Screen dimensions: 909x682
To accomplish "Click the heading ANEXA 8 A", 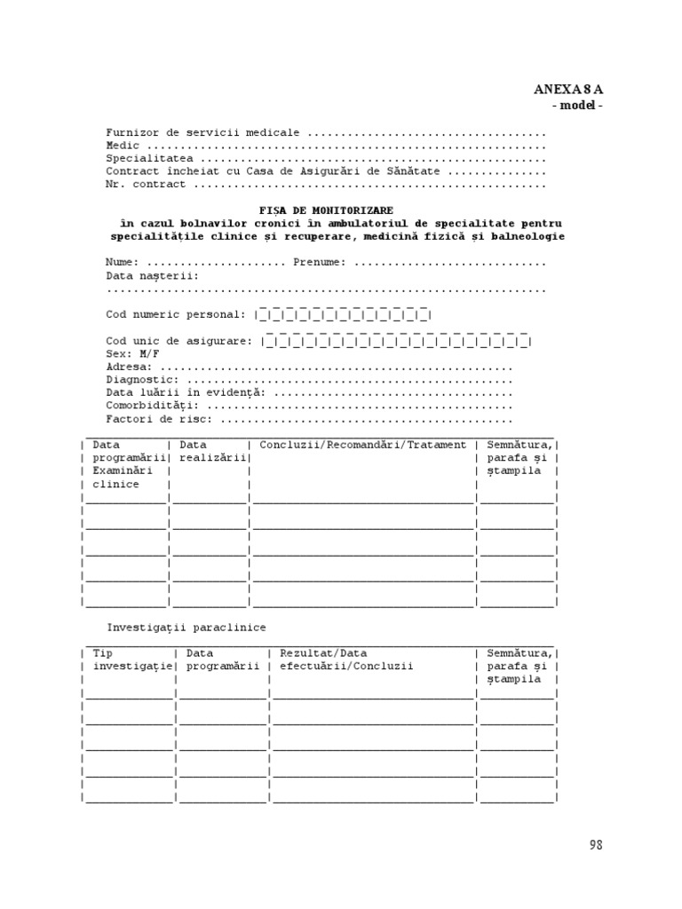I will [x=574, y=90].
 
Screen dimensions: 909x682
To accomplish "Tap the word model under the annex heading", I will [x=578, y=106].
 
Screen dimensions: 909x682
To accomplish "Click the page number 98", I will [x=595, y=845].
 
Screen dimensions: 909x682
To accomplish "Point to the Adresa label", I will [x=129, y=367].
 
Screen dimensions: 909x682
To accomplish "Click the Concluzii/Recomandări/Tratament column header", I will [x=362, y=445].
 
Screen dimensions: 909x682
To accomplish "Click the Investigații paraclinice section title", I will [x=186, y=628].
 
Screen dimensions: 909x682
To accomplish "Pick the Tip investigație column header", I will [x=130, y=660].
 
